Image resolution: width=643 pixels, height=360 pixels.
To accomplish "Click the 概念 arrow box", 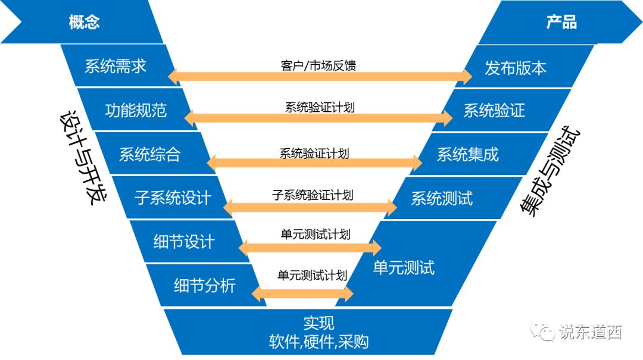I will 84,23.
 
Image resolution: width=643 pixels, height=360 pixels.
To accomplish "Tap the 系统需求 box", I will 116,65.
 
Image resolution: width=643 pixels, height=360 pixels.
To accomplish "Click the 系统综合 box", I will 149,154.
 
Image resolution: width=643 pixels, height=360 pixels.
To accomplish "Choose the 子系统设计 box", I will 173,197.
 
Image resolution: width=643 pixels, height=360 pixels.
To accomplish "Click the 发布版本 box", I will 516,67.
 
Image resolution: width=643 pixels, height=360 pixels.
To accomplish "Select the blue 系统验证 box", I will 494,110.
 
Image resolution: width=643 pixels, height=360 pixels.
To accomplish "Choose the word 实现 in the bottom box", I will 319,323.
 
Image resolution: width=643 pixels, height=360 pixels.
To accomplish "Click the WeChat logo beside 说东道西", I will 543,331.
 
